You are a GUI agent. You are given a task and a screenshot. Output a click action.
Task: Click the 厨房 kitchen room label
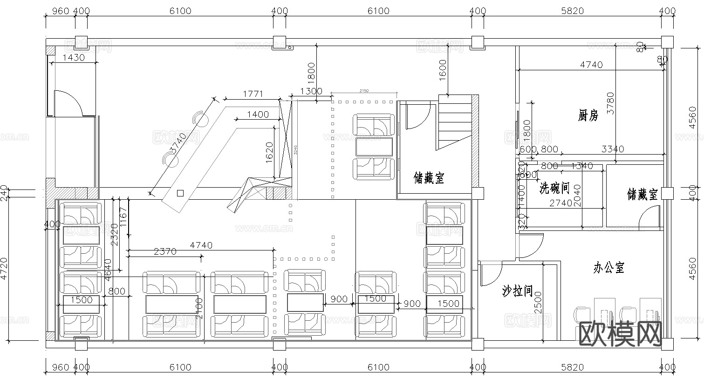pos(588,115)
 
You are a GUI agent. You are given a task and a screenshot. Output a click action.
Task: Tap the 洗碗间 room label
pos(554,188)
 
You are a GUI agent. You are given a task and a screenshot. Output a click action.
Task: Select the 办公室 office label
pos(608,268)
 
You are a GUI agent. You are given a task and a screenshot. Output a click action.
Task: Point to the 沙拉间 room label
pos(517,291)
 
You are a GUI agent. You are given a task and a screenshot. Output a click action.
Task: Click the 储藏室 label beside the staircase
pos(429,178)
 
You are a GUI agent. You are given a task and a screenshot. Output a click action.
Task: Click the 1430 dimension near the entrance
pos(74,58)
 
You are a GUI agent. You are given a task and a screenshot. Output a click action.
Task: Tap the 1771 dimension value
pos(253,94)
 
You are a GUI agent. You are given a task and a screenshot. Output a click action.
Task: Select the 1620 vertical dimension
pos(269,151)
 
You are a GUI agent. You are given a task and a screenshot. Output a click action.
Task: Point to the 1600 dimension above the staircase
pos(443,70)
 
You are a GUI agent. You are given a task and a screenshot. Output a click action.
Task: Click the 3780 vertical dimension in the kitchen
pos(610,103)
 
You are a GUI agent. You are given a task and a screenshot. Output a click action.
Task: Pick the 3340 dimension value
pos(613,149)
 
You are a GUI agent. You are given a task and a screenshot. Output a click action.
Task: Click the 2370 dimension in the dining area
pos(165,251)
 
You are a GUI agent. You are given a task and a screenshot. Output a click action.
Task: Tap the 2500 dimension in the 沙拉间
pos(538,302)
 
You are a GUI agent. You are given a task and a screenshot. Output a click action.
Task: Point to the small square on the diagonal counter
pos(180,193)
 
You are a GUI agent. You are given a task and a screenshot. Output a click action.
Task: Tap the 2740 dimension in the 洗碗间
pos(560,203)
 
